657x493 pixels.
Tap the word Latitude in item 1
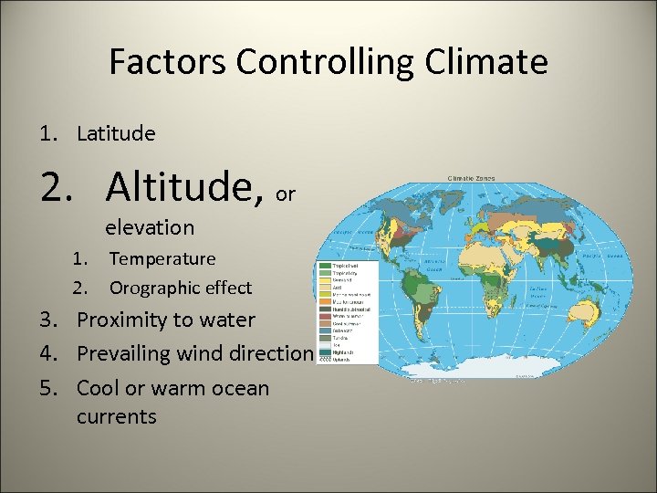pos(116,133)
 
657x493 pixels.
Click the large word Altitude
pos(179,186)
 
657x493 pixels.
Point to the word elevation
pos(150,226)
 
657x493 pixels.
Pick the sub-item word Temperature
pos(162,259)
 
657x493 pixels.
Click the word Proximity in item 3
pos(125,320)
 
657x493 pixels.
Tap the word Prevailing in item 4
pos(129,352)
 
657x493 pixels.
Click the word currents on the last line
pos(117,417)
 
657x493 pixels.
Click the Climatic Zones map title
pos(471,179)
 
